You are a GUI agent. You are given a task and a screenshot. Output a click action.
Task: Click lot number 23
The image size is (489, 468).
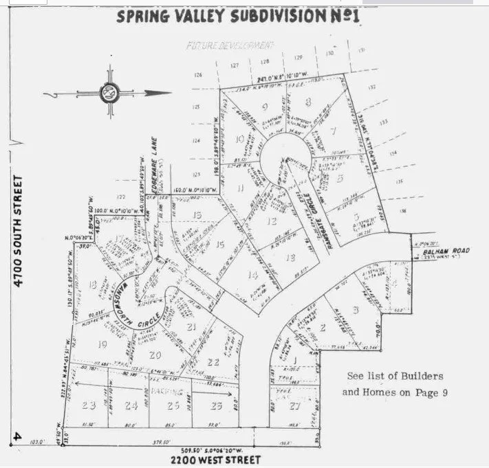coord(88,405)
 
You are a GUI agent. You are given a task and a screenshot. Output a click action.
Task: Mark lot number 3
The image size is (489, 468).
coord(355,309)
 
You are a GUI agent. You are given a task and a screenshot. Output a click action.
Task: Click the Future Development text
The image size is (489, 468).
coord(230,45)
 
